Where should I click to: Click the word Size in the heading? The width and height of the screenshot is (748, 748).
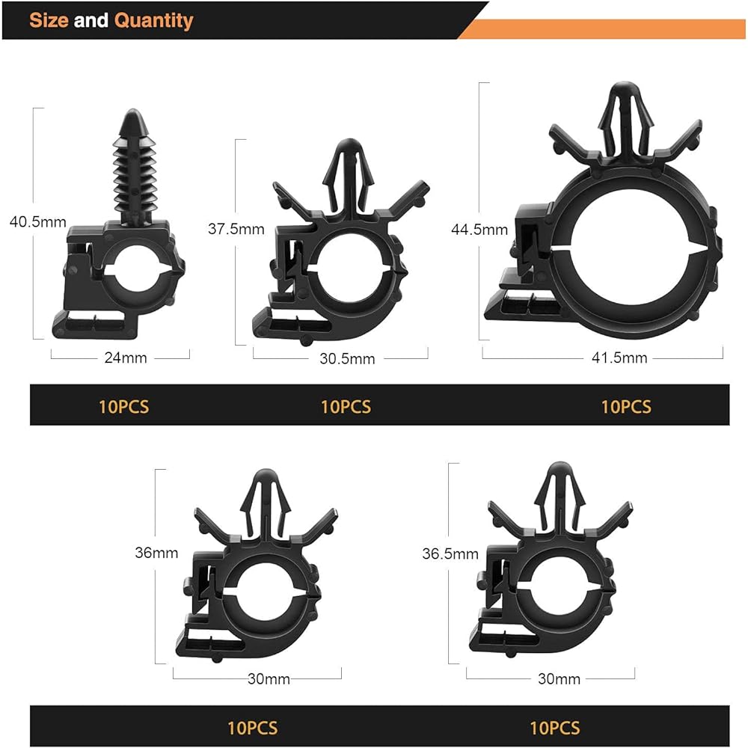49,20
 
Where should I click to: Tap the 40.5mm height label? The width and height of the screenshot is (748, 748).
37,222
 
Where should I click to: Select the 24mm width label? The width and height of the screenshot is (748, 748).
126,358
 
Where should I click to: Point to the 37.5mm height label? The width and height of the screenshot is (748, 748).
236,229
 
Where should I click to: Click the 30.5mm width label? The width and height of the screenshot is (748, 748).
347,359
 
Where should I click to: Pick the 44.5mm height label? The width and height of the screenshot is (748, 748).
479,230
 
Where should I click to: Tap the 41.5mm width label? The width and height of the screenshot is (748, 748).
619,358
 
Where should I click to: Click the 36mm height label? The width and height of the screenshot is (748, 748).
156,553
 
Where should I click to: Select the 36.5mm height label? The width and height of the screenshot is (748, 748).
450,554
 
